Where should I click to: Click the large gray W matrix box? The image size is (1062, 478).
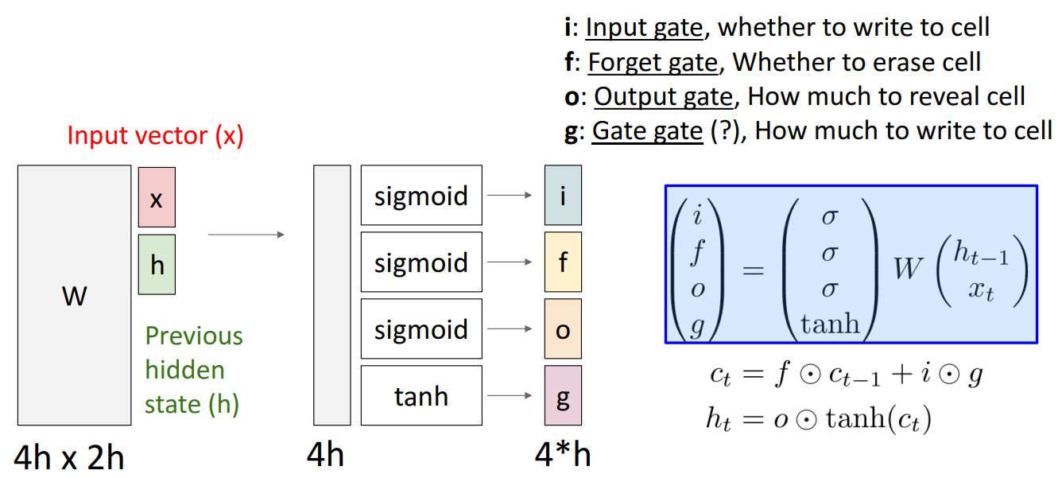pos(74,295)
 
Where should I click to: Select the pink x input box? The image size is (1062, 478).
pos(157,197)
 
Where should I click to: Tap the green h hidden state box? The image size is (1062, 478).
pos(157,264)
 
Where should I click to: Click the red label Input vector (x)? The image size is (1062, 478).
pos(155,135)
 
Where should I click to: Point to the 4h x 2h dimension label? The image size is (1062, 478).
pos(69,457)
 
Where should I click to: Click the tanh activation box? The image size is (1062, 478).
pos(421,396)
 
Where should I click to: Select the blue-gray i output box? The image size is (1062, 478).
pos(563,195)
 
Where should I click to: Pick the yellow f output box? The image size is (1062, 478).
pos(563,262)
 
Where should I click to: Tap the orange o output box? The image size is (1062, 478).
pos(563,328)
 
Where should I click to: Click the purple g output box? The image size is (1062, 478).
pos(563,395)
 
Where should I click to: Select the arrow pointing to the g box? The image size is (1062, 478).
pos(510,395)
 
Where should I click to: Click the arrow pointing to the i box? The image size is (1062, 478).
pos(510,195)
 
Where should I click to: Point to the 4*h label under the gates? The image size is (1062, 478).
pos(563,456)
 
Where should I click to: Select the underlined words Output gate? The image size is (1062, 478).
pos(663,96)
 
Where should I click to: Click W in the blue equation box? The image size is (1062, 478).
pos(908,269)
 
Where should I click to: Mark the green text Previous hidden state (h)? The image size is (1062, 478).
pos(193,370)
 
